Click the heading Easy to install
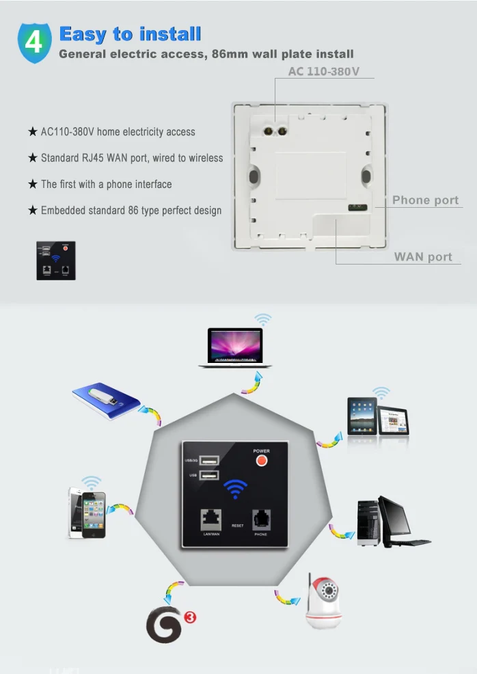click(130, 33)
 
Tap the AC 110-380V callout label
click(323, 71)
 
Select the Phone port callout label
click(425, 200)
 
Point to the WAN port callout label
click(423, 257)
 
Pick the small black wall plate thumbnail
click(56, 260)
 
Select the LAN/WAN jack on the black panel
click(210, 521)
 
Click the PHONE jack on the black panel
click(261, 521)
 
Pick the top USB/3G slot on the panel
click(210, 460)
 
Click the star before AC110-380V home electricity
click(32, 132)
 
